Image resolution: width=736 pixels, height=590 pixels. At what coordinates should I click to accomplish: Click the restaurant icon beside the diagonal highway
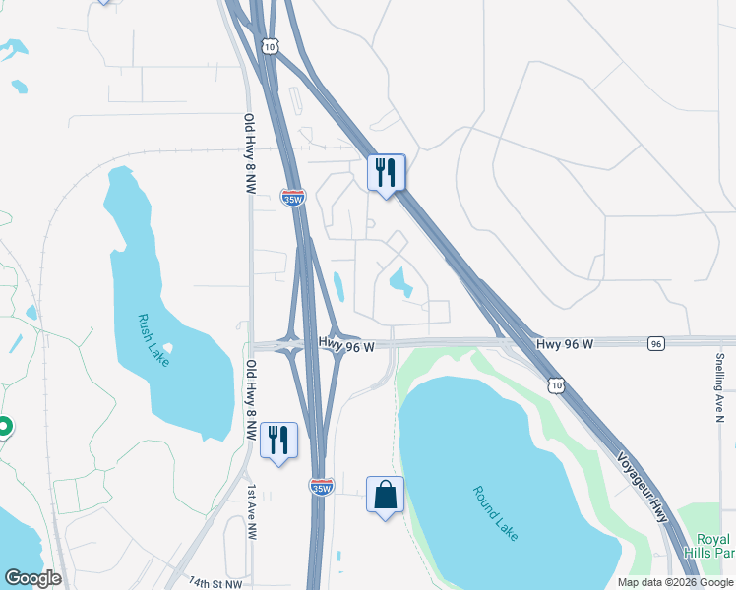387,173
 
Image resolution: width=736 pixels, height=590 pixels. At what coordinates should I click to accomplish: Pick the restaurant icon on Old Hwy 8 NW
277,440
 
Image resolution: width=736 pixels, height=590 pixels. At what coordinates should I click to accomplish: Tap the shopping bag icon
385,495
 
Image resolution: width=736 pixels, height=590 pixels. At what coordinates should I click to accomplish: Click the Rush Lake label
154,340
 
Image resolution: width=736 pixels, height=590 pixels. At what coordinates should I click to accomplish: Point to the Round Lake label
495,513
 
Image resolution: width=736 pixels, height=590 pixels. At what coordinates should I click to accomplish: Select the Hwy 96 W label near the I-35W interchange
346,345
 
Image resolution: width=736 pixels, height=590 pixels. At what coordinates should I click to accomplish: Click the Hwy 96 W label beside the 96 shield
565,344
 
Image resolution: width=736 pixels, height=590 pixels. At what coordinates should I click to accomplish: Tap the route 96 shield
656,343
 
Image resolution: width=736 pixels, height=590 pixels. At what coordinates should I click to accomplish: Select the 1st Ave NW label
252,511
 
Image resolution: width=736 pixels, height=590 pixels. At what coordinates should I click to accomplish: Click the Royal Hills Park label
712,546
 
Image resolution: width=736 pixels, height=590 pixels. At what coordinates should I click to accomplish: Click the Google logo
32,578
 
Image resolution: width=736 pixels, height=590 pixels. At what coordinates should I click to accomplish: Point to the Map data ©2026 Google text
674,582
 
